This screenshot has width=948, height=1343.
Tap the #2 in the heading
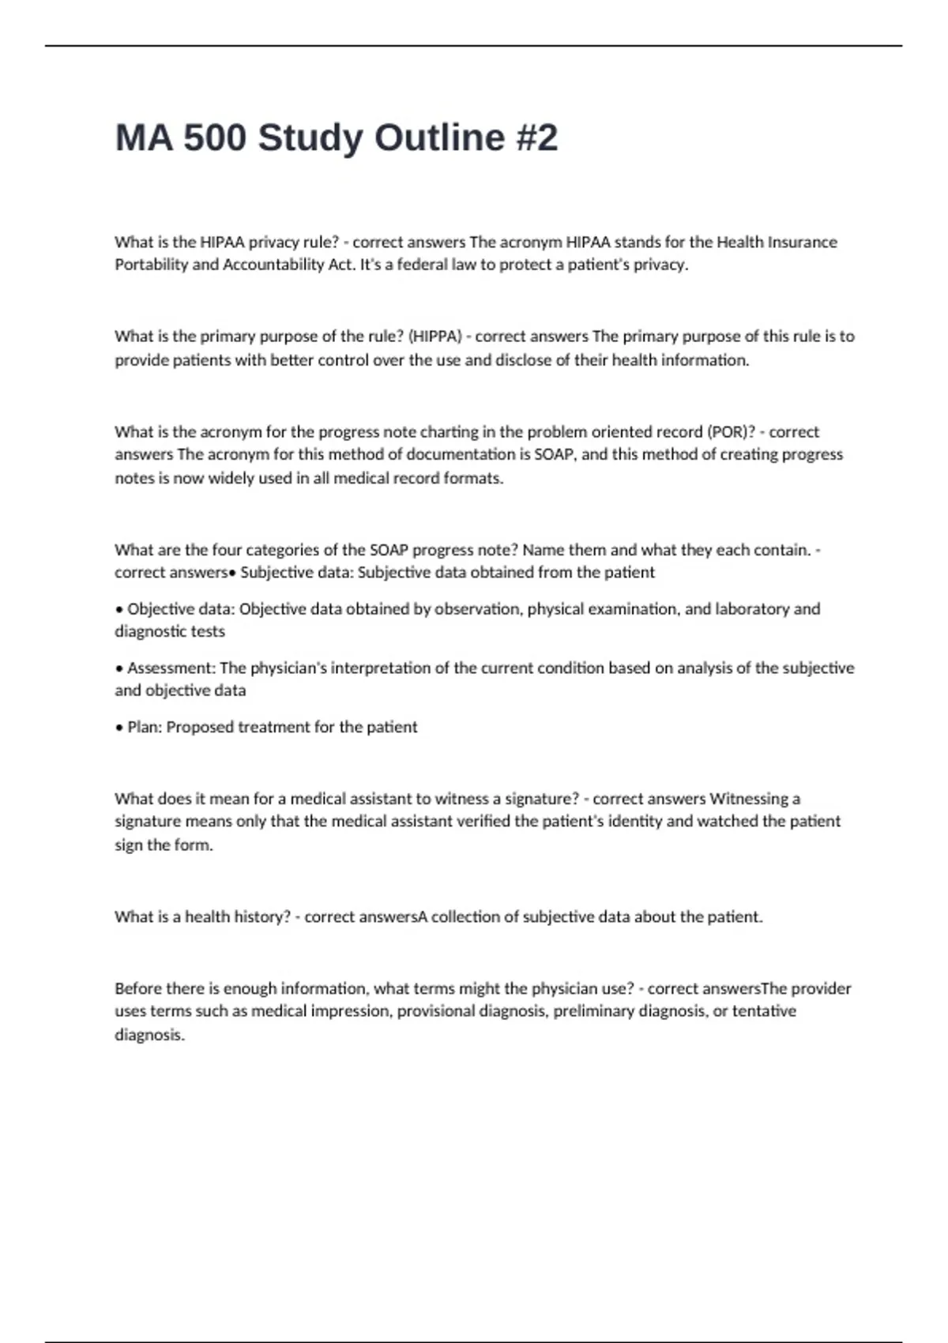point(536,138)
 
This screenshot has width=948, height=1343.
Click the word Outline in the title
point(439,138)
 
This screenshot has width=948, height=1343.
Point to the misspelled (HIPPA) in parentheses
point(434,337)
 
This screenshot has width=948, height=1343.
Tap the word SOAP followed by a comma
point(556,455)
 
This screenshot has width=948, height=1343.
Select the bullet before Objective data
point(119,609)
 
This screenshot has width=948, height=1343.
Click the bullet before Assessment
point(119,668)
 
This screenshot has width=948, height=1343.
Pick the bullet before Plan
point(119,728)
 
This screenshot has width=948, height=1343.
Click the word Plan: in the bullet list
point(145,728)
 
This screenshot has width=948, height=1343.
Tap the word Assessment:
point(171,668)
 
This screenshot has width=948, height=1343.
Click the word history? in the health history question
point(258,917)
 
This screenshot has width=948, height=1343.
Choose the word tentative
point(764,1011)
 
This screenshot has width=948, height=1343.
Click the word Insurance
point(799,242)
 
